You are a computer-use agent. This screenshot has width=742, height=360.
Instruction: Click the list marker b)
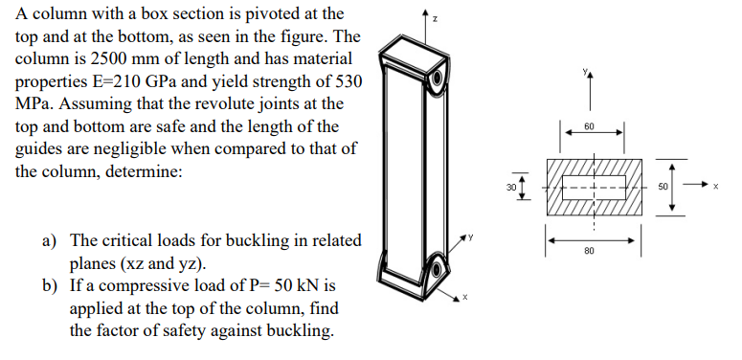coord(51,284)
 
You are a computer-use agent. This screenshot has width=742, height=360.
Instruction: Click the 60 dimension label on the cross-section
coord(589,127)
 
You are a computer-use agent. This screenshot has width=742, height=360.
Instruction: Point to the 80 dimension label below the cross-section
coord(589,252)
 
